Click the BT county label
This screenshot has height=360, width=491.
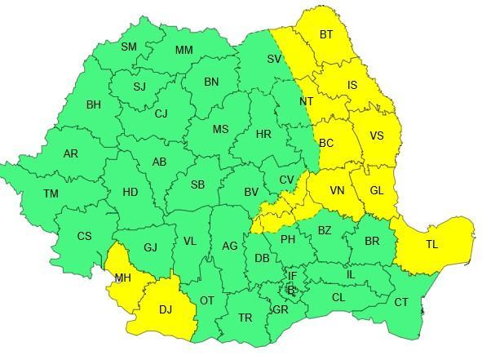coord(326,34)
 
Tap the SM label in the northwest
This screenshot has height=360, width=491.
coord(129,47)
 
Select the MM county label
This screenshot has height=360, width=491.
coord(184,50)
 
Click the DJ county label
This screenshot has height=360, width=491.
coord(166,309)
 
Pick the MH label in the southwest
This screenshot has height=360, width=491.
coord(123,278)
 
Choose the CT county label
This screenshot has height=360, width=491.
coord(401,303)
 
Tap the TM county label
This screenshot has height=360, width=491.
coord(51,193)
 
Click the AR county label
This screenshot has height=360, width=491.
coord(71,153)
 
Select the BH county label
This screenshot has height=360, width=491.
coord(94,104)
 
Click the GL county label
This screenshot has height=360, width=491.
coord(377,190)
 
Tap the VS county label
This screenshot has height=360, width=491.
coord(377,136)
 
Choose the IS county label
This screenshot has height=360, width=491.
coord(352,85)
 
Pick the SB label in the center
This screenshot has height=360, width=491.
coord(197,184)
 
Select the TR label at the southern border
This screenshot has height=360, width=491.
coord(245,318)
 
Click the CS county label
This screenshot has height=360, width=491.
coord(84,236)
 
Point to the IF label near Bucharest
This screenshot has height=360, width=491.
coord(292,276)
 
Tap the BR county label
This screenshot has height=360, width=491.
coord(372,241)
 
